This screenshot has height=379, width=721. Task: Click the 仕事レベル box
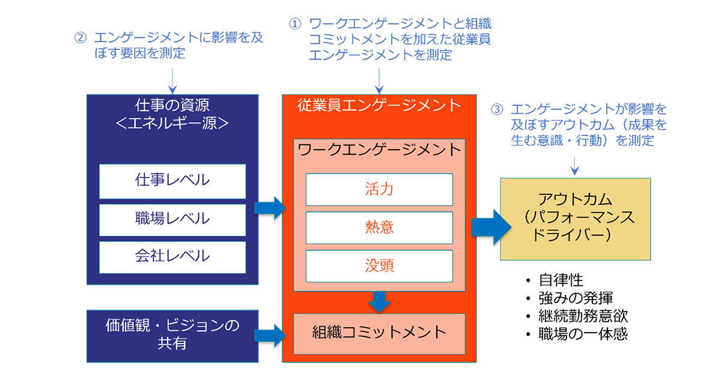(x=172, y=181)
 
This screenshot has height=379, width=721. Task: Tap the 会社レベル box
(x=172, y=257)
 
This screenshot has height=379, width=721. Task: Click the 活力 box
(x=379, y=189)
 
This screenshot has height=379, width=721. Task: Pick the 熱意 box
(x=379, y=227)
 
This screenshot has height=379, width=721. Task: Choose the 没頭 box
(x=379, y=266)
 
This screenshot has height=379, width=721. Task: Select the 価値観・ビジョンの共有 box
(x=172, y=336)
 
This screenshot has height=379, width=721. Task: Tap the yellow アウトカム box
(x=576, y=219)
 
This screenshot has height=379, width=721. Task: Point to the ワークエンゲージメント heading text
(x=379, y=149)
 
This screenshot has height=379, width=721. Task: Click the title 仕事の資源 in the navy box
(x=172, y=106)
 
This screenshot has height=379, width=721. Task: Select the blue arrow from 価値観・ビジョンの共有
(x=270, y=336)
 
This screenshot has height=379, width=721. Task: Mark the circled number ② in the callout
(x=80, y=37)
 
